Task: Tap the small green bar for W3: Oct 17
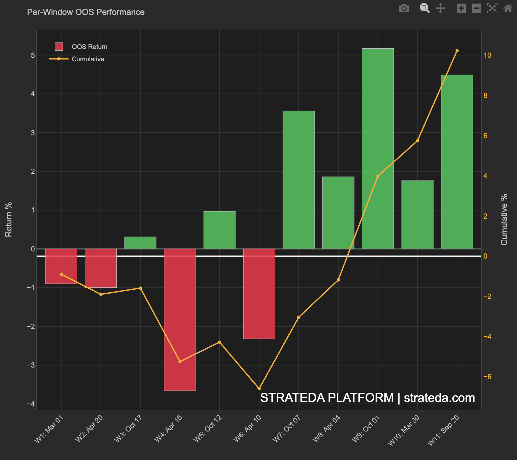(140, 243)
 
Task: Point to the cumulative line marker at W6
(259, 389)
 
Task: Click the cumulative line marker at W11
(457, 51)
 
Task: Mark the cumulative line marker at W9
(378, 176)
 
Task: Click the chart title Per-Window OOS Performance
(86, 12)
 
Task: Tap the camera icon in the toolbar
(404, 8)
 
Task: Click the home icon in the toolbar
(508, 8)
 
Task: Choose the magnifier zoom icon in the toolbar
(425, 8)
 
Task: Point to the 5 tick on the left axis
(33, 55)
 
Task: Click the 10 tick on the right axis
(487, 55)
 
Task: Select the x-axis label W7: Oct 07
(287, 429)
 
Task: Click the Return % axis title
(9, 220)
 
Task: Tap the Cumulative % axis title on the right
(504, 220)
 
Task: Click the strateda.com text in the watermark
(439, 398)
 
